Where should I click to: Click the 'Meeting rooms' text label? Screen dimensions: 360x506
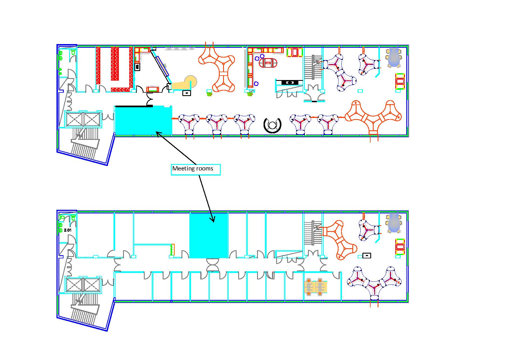pos(193,169)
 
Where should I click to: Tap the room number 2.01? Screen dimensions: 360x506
pos(68,230)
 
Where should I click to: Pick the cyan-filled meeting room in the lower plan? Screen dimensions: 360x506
pos(208,235)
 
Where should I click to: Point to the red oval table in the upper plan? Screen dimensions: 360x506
pos(268,63)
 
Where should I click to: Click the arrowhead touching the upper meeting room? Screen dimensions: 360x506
pos(158,133)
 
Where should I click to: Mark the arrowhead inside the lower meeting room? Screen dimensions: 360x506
pos(213,219)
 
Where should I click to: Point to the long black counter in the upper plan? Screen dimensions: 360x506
pos(289,82)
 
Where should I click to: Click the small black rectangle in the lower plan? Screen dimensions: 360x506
pos(367,256)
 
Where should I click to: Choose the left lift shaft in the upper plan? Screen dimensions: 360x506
pos(74,119)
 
